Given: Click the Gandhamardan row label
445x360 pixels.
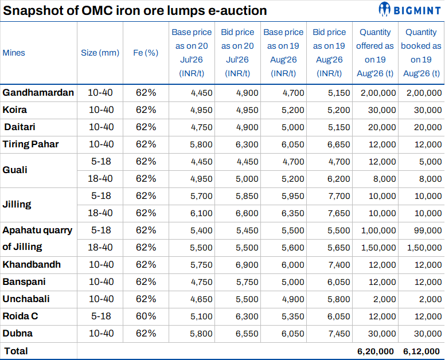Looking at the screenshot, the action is (38, 92).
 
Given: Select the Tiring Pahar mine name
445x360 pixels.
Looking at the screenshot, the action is (30, 144).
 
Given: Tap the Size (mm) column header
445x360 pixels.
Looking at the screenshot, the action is (100, 53).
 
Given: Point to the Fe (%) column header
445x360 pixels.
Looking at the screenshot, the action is (146, 53).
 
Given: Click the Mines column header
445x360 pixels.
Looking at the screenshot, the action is (14, 53).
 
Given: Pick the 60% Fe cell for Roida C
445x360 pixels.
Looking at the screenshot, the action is (146, 316).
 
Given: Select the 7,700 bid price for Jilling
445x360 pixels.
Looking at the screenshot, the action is (338, 196).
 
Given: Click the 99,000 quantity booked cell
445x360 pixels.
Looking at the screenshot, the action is (428, 230).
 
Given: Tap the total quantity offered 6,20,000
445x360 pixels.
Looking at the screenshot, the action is (376, 351).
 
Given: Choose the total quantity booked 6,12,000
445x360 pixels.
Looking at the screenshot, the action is (421, 351).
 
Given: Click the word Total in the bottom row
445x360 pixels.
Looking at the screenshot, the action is (16, 351).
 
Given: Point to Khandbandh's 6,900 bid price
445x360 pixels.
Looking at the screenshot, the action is (247, 265).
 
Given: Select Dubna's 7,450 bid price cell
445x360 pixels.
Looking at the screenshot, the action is (339, 334).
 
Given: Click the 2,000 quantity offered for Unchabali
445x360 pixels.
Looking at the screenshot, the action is (384, 299).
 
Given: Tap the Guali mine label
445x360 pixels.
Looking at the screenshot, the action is (15, 170).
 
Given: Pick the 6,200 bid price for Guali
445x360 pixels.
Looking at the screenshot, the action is (338, 179).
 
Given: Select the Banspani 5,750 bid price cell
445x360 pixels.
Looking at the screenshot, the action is (247, 282).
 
